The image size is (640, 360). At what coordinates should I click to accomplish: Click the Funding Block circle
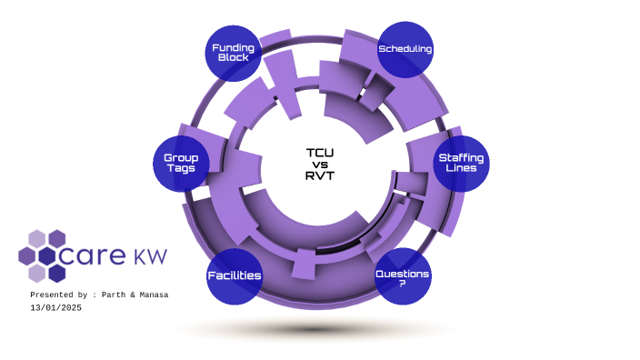point(234,53)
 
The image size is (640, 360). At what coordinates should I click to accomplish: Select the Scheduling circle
point(405,49)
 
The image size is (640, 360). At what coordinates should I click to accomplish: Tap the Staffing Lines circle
point(461,164)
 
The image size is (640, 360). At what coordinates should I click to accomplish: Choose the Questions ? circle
point(403,276)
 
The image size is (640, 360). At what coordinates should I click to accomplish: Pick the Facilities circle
point(235,276)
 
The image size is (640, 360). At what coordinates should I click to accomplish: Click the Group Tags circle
point(181,164)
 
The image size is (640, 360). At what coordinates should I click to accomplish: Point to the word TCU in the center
point(320,153)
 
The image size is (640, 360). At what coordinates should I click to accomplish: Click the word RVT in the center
point(320,175)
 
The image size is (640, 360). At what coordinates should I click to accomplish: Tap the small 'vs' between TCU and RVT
point(320,165)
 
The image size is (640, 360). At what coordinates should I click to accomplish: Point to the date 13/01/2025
point(55,307)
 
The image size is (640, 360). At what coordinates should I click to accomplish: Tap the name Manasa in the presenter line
point(153,295)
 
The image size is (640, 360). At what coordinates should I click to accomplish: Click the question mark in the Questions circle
point(403,283)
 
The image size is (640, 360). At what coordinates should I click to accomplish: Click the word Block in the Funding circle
point(234,58)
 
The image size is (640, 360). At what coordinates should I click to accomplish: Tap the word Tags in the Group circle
point(181,169)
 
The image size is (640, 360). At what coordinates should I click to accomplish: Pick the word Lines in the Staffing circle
point(461,169)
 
